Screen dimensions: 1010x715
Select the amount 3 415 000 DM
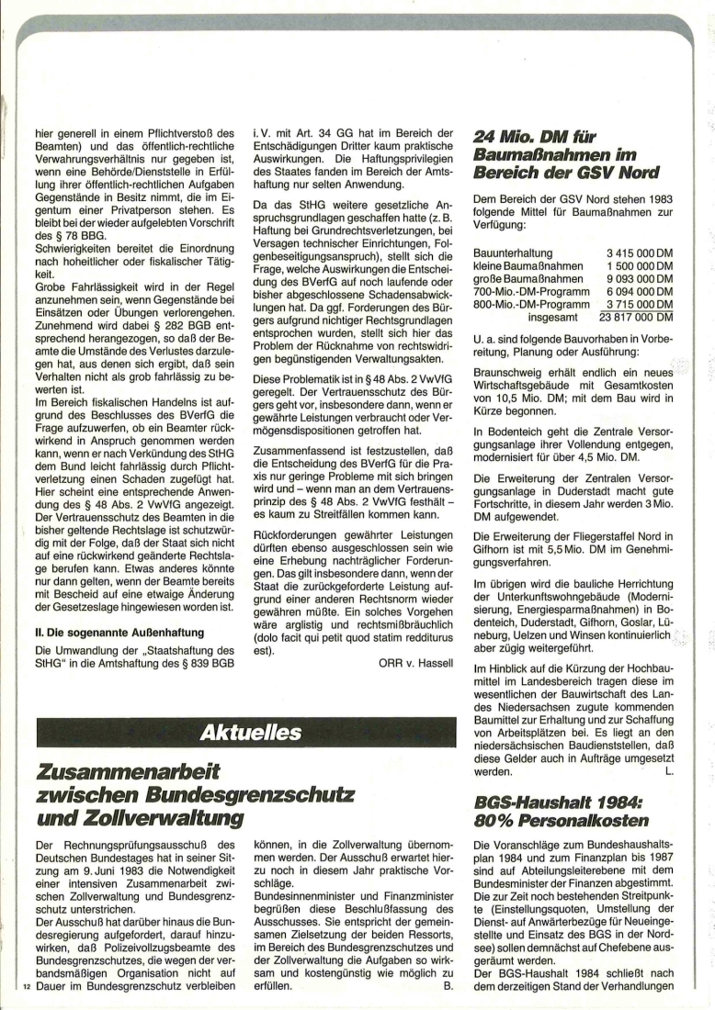click(640, 252)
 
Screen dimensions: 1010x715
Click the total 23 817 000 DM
click(636, 318)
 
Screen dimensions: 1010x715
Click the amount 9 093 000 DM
click(640, 278)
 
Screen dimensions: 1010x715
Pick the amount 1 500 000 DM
click(640, 264)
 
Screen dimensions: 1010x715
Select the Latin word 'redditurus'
click(426, 639)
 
